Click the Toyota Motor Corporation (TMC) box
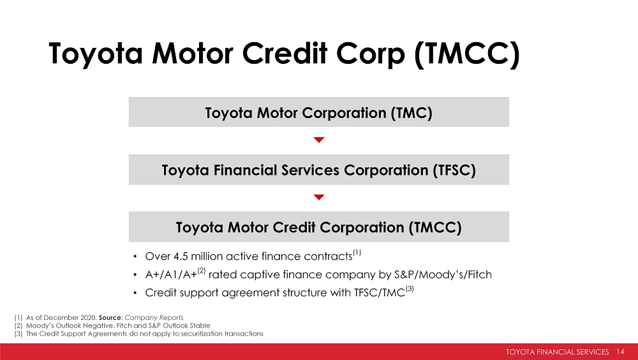click(x=318, y=112)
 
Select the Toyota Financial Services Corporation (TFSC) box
click(x=318, y=169)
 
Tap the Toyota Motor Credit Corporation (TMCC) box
click(x=318, y=227)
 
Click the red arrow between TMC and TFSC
click(x=319, y=140)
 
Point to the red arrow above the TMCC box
click(x=319, y=197)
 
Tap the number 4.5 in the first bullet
click(x=181, y=256)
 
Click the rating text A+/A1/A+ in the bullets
click(x=171, y=274)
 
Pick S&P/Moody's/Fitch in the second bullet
click(x=443, y=274)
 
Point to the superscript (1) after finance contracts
click(x=357, y=253)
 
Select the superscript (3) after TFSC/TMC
click(x=410, y=289)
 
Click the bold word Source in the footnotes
click(x=110, y=318)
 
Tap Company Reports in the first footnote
click(x=154, y=318)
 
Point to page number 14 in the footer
click(x=621, y=352)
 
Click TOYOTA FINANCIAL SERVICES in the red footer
click(x=558, y=352)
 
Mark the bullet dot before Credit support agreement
click(x=135, y=293)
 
